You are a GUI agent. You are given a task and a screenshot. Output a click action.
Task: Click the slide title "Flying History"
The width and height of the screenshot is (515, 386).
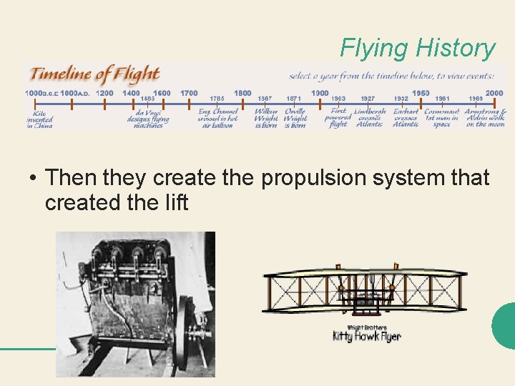(417, 49)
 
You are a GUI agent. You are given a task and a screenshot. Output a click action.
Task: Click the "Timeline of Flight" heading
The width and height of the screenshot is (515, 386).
(94, 74)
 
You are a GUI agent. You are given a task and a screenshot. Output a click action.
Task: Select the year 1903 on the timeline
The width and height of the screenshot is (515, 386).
(338, 99)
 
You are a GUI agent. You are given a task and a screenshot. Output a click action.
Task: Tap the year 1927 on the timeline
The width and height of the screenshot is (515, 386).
(368, 99)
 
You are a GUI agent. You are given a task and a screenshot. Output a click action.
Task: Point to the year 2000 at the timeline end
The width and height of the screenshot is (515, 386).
(494, 93)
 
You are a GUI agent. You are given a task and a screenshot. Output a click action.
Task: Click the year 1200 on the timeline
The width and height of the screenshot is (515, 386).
(104, 93)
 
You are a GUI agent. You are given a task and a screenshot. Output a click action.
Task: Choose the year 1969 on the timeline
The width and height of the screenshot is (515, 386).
(476, 99)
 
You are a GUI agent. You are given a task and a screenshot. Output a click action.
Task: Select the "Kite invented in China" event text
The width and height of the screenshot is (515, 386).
(40, 119)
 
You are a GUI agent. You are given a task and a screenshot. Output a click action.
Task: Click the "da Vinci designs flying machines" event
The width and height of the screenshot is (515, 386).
(148, 119)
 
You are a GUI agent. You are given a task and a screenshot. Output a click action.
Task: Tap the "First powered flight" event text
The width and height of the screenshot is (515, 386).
(338, 118)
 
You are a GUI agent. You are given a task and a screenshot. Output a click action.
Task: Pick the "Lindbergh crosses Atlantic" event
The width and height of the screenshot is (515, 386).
(370, 118)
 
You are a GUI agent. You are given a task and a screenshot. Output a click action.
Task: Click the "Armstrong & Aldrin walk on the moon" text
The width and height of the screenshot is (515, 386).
(486, 118)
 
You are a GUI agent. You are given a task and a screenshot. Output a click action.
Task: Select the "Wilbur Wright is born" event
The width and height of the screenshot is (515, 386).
(265, 119)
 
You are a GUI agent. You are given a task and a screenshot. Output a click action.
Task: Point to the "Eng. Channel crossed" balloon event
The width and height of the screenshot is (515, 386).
(217, 119)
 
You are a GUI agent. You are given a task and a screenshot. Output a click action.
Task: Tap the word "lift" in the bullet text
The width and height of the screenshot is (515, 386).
(175, 203)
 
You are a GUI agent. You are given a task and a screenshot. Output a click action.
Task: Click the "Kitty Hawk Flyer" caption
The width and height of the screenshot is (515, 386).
(366, 336)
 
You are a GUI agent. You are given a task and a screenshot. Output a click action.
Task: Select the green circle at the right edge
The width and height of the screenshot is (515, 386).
(505, 326)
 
